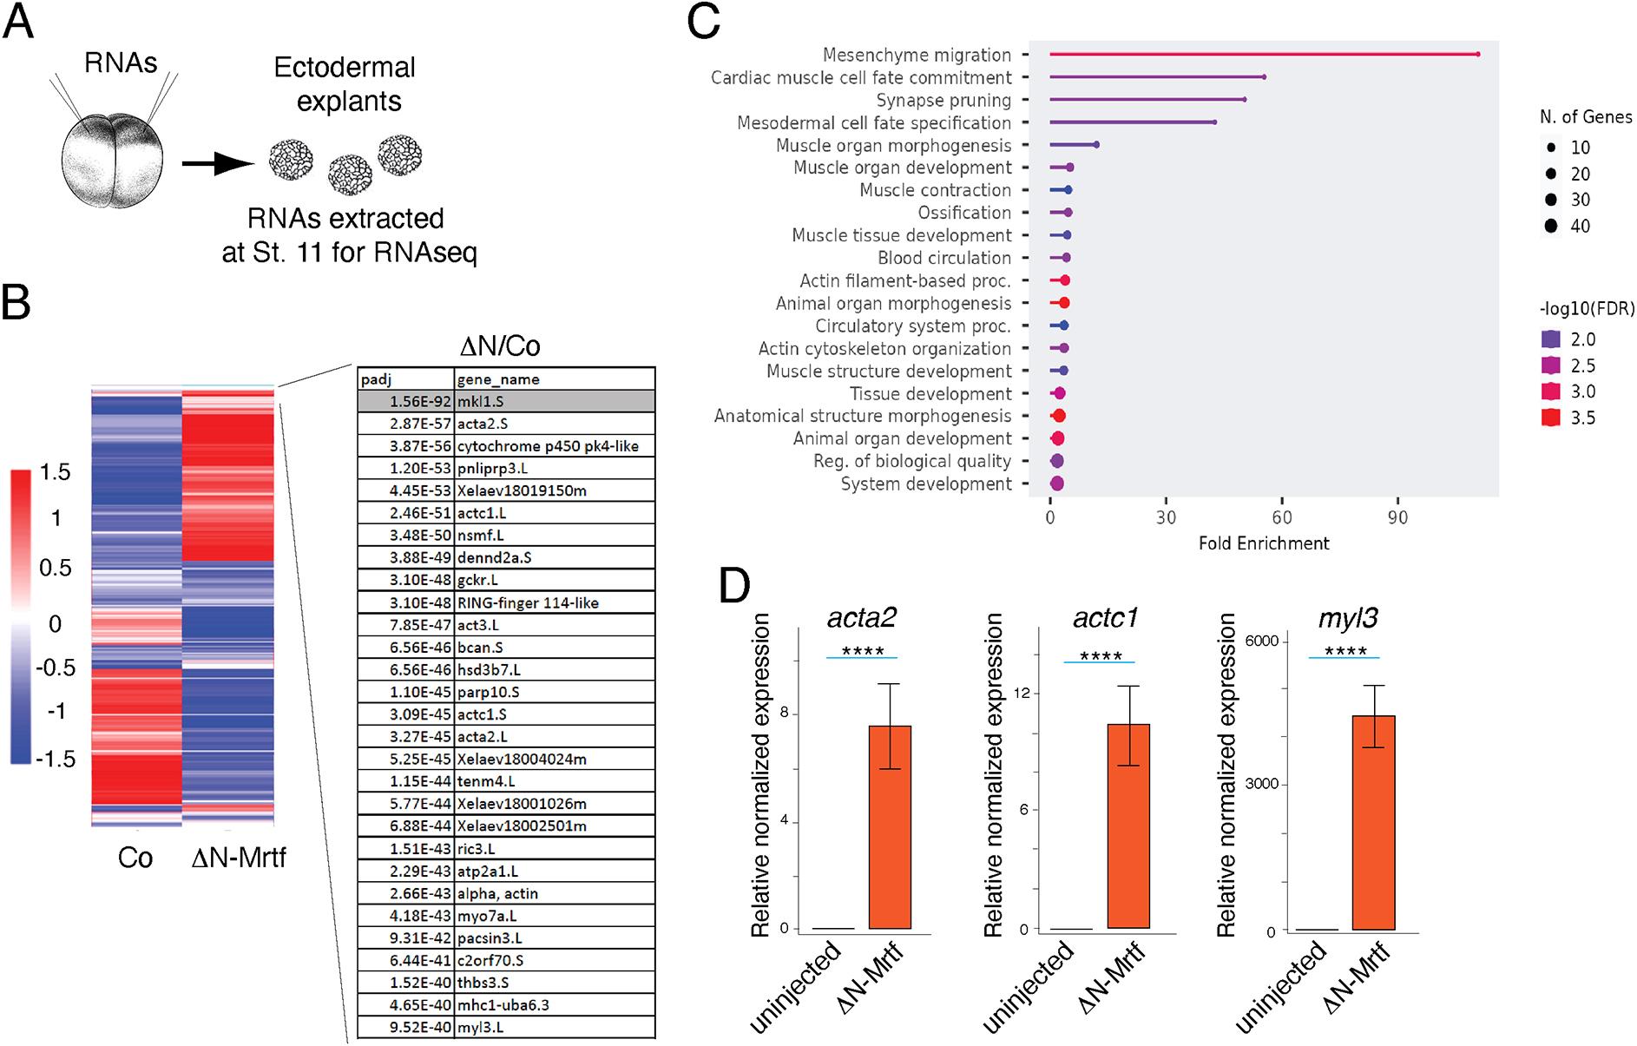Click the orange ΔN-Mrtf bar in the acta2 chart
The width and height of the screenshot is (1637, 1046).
(889, 826)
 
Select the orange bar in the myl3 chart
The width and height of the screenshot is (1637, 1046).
(1373, 822)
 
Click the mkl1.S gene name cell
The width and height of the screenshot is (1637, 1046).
(554, 402)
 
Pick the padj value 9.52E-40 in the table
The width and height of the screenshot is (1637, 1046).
(406, 1028)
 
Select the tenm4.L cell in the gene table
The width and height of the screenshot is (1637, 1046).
(554, 781)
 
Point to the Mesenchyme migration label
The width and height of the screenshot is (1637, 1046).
(917, 55)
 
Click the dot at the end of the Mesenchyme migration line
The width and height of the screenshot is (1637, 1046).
(1477, 55)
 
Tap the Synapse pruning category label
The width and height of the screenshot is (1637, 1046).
(943, 100)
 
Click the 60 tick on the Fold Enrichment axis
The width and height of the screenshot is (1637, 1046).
(1282, 517)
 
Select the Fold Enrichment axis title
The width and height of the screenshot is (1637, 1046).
(1264, 543)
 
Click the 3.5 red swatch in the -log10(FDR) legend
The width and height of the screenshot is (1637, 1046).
(1552, 418)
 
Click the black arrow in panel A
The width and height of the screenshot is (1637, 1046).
(217, 162)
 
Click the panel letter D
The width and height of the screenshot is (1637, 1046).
(734, 589)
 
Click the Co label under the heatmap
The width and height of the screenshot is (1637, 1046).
(135, 858)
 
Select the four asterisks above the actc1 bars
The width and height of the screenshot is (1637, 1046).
(1100, 656)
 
